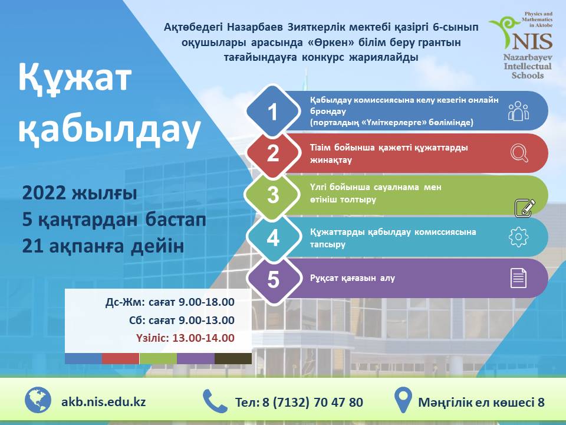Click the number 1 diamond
[273, 112]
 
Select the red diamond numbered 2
[273, 153]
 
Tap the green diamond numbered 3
[273, 195]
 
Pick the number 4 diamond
[273, 237]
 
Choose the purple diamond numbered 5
[273, 279]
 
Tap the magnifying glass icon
[519, 153]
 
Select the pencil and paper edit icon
[525, 208]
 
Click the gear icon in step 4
[518, 237]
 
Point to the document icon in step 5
[518, 278]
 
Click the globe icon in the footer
[38, 400]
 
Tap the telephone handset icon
[215, 401]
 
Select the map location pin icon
[403, 401]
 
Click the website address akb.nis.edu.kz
[103, 401]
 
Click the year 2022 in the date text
[45, 193]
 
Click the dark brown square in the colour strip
[233, 358]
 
